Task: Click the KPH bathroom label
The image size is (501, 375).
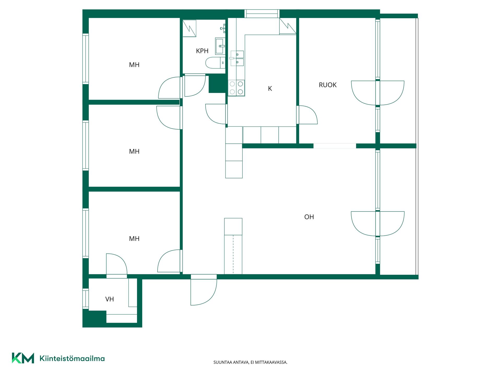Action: [x=202, y=51]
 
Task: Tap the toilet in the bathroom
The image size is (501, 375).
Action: [x=215, y=63]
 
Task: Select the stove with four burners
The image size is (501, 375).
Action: [x=236, y=88]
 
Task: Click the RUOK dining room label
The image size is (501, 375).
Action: [x=327, y=85]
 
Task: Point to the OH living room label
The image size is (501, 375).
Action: [x=309, y=217]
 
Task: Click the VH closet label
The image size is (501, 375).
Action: [x=110, y=299]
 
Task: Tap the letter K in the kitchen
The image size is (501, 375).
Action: [x=270, y=89]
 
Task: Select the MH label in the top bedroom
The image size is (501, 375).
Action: [x=134, y=65]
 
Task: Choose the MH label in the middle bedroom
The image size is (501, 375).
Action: [x=134, y=151]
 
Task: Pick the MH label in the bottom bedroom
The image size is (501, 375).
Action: [x=134, y=239]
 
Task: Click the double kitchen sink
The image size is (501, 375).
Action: [x=237, y=58]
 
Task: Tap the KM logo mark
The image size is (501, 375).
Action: [x=23, y=358]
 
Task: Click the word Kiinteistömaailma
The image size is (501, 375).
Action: [x=72, y=358]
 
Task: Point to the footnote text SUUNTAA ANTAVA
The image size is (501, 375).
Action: [x=231, y=362]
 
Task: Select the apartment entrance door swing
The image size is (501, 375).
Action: [x=204, y=290]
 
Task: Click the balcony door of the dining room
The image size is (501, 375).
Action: [x=378, y=93]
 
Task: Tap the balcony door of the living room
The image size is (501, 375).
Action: [x=378, y=224]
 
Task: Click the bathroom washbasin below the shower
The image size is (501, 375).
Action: [x=220, y=46]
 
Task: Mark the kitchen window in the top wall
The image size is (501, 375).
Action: [x=262, y=14]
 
